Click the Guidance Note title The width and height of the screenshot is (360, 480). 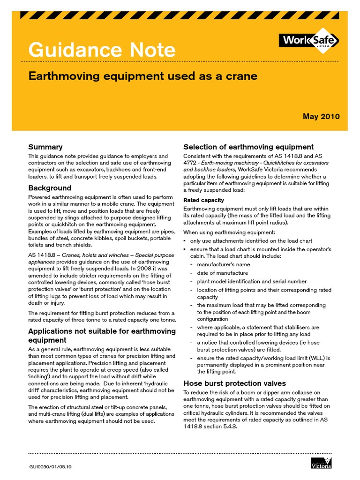point(102,50)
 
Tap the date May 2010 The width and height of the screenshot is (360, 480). point(321,116)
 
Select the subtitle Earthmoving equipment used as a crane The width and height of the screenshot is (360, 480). point(143,76)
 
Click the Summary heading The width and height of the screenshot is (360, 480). point(45,147)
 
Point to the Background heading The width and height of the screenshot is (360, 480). point(50,188)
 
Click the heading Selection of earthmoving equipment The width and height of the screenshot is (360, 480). point(248,147)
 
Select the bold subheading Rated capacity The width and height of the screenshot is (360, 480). point(203,200)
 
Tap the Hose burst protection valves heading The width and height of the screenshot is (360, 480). point(234,383)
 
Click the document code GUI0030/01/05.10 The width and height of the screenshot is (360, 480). point(50,467)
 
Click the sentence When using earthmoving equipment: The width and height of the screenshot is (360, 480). point(229,232)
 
